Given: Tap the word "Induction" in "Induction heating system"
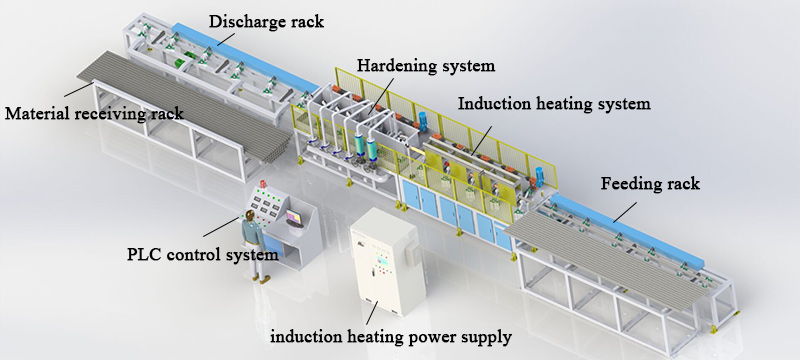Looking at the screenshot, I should tap(492, 103).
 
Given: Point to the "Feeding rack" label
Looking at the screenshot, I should tap(649, 185).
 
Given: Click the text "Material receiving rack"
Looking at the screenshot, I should tap(94, 113).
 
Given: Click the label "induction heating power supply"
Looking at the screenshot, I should tap(391, 336).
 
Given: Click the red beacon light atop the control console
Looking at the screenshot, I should tap(264, 184).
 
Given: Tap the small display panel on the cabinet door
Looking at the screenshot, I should tap(380, 266).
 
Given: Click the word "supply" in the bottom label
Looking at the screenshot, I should tap(488, 337).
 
